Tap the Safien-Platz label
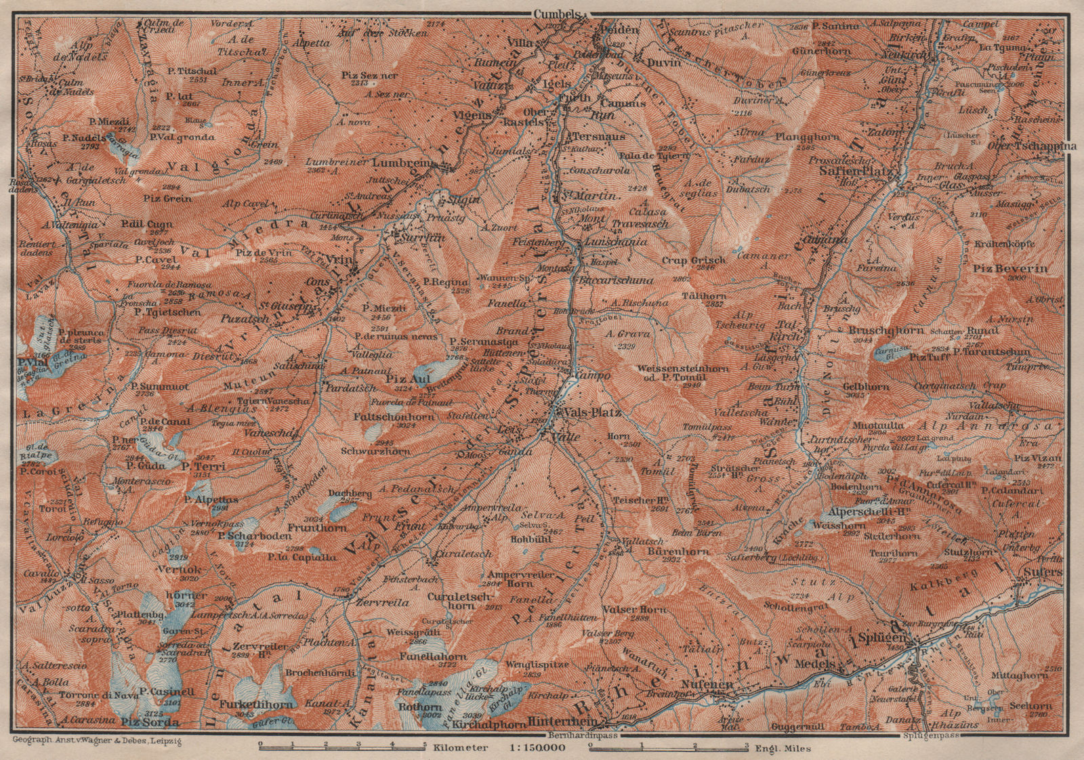pyautogui.click(x=856, y=172)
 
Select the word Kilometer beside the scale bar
pyautogui.click(x=463, y=748)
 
